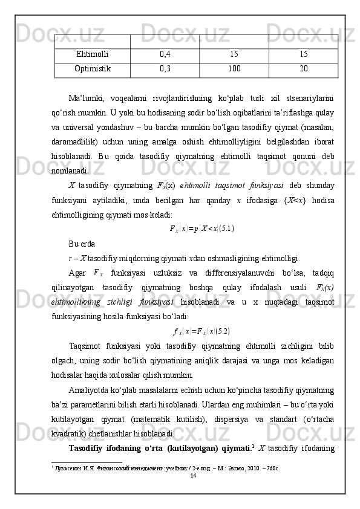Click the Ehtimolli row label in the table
coord(93,55)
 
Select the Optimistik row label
coord(93,68)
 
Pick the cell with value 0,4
coord(165,55)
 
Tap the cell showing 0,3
coord(165,68)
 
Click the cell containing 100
coord(234,68)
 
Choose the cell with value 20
coord(303,68)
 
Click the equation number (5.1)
coord(226,229)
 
